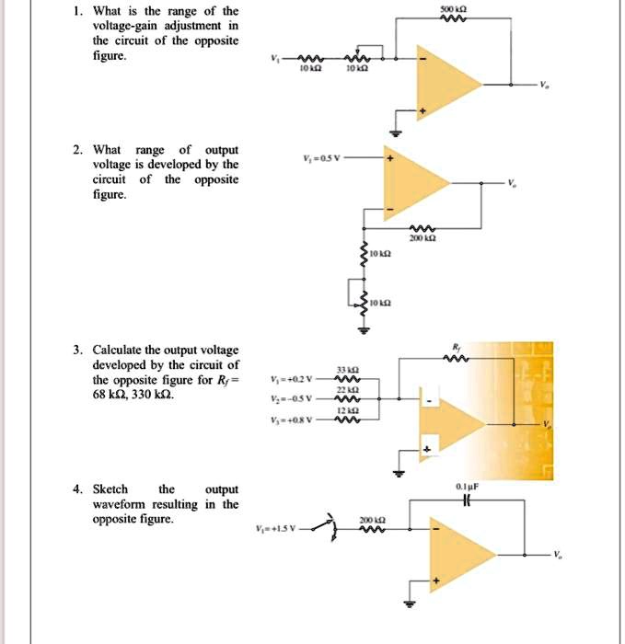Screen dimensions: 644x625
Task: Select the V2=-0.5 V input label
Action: [x=291, y=398]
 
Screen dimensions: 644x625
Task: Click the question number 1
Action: [x=80, y=12]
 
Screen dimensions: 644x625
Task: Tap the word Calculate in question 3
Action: [x=118, y=350]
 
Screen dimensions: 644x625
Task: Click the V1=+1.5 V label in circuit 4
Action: [x=278, y=529]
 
